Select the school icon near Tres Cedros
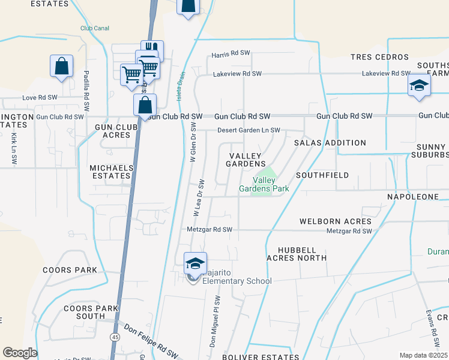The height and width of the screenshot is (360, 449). click(x=419, y=85)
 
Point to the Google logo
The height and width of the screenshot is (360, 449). click(x=20, y=353)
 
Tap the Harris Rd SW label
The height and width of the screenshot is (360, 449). click(x=231, y=53)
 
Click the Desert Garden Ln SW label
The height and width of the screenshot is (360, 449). click(x=248, y=130)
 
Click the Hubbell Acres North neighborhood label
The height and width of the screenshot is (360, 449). click(x=302, y=253)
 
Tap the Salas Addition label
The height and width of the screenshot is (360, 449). click(x=330, y=143)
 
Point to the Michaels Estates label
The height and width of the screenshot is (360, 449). click(x=110, y=172)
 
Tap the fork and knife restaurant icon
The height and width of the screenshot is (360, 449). click(x=152, y=49)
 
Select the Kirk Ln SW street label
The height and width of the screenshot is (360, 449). click(x=14, y=149)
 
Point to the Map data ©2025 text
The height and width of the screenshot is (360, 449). click(x=423, y=355)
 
